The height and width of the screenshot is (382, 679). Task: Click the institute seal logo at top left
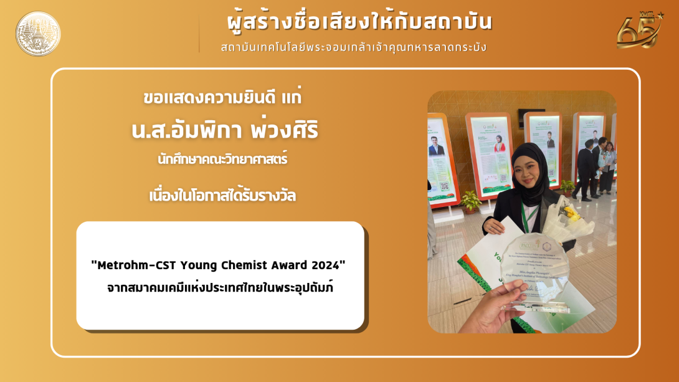pos(38,34)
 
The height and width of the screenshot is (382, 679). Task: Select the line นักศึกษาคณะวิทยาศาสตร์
pos(222,160)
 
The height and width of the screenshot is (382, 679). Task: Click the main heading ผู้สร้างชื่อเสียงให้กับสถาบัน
pos(359,22)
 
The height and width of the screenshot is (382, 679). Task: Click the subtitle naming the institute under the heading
pos(353,47)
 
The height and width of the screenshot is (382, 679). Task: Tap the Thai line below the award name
pos(220,288)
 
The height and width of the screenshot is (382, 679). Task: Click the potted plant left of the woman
pos(470,201)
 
